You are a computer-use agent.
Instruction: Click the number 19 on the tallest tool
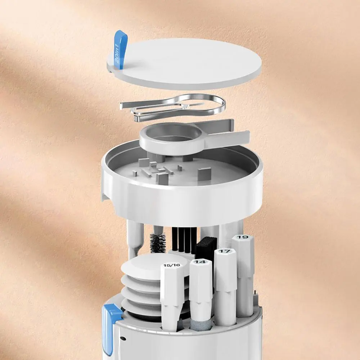tap(242, 237)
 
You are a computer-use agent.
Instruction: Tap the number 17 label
tap(225, 251)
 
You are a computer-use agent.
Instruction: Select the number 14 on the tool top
tap(201, 262)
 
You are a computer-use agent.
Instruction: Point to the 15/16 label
tap(172, 265)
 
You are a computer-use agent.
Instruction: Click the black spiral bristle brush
tap(158, 242)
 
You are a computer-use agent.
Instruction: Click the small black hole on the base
tap(123, 338)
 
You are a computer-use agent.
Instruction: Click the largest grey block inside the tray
tap(204, 174)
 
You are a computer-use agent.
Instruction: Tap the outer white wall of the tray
tap(183, 202)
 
